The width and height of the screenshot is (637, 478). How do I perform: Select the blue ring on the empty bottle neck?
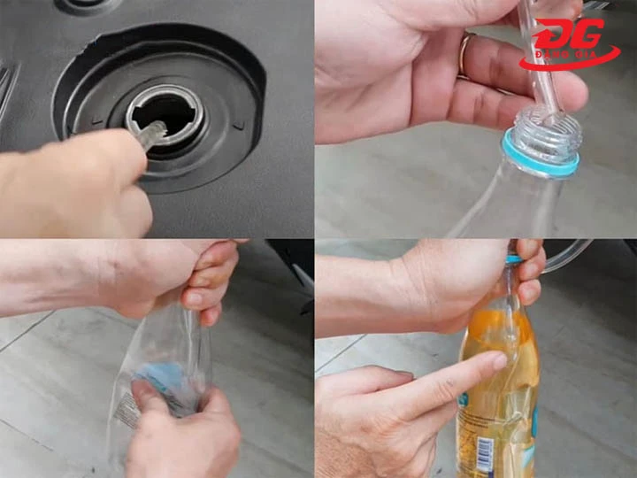tap(541, 156)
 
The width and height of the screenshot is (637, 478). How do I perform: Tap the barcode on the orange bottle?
tap(485, 454)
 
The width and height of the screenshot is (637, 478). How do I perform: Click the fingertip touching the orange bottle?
tap(500, 361)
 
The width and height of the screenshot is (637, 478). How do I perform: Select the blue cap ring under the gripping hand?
tap(512, 260)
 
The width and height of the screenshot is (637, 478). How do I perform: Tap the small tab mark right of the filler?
tap(236, 126)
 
